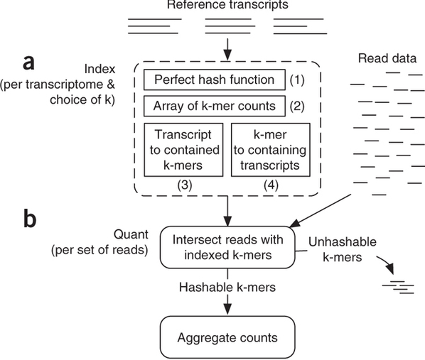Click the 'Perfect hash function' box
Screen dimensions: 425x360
click(215, 80)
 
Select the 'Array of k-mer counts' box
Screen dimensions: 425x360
click(215, 106)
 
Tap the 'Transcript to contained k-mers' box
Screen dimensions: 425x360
click(183, 150)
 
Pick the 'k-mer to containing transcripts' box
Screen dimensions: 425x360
click(271, 150)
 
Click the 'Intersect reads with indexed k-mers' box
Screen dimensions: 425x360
click(227, 247)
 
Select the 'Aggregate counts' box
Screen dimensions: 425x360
click(227, 337)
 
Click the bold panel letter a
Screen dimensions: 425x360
click(28, 62)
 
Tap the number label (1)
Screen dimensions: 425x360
click(297, 80)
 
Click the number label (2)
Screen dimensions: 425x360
click(297, 107)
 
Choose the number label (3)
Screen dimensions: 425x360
click(185, 185)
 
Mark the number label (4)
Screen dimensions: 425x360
click(271, 185)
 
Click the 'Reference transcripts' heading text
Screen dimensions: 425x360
click(227, 4)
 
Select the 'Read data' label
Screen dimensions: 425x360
click(387, 58)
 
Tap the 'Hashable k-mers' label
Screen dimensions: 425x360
click(227, 287)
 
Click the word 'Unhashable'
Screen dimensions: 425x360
click(343, 241)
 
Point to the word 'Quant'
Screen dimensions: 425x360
click(131, 234)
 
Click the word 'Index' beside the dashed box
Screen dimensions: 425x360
click(99, 69)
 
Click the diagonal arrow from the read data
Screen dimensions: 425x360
click(321, 210)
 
